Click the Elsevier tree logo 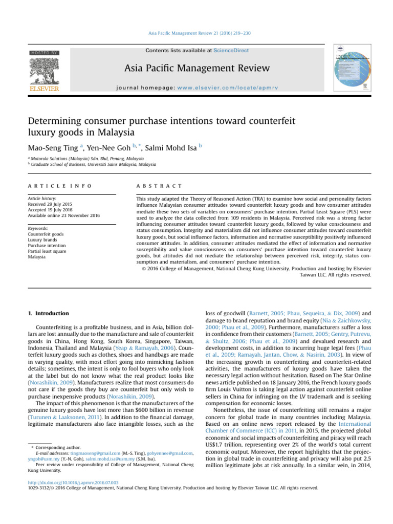44,72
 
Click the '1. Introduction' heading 48,313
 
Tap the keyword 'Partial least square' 46,251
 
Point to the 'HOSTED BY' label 45,53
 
